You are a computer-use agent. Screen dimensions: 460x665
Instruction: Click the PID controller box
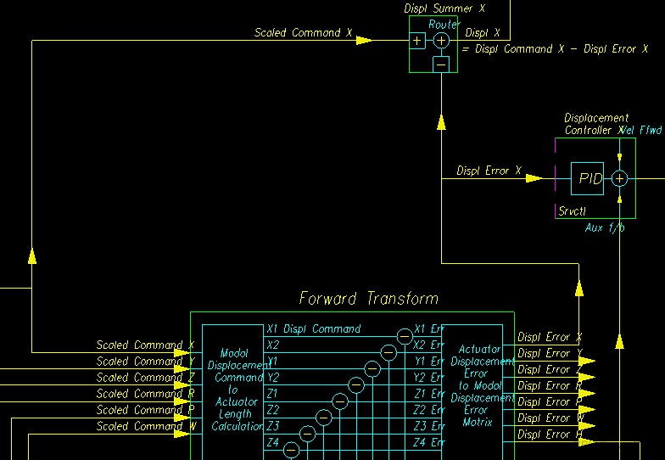pos(587,178)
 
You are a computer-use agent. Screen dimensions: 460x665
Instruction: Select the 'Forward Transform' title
pos(368,299)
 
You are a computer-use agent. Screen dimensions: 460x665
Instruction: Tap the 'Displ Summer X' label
pos(444,8)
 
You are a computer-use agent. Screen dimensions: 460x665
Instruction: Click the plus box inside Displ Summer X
pos(417,41)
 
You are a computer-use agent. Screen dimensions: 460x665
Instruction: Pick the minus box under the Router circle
pos(441,64)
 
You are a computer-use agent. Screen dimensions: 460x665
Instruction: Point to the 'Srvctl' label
pos(573,210)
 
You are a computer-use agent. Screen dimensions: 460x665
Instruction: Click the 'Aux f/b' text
pos(605,227)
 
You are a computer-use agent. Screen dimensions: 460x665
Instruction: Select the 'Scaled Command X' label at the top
pos(303,33)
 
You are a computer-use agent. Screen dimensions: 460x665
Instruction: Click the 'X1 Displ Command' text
pos(313,329)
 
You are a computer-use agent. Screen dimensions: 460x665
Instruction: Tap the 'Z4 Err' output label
pos(428,442)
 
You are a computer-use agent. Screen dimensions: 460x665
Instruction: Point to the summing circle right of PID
pos(619,178)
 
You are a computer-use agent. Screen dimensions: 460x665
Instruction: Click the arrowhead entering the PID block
pos(534,178)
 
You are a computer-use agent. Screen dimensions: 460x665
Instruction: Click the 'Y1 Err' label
pos(428,362)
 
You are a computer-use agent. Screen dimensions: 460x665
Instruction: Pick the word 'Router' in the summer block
pos(444,25)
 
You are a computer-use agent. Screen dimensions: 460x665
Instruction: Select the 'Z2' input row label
pos(272,410)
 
